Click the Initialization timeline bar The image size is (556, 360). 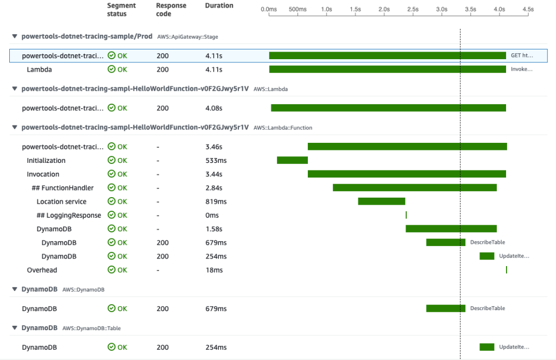click(292, 160)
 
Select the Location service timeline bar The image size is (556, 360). click(381, 201)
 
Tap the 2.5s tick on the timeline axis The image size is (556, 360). click(413, 9)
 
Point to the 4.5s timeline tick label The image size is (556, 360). click(528, 9)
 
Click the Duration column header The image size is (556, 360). click(219, 5)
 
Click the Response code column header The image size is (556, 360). click(171, 9)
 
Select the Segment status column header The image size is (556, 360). click(122, 9)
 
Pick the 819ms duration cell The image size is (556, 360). click(216, 201)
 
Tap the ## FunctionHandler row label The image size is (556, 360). click(62, 188)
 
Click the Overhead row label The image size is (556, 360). click(42, 270)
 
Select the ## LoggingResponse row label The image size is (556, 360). click(69, 215)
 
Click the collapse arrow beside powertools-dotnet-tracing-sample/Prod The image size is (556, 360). click(15, 37)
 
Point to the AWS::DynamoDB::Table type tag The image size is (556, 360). click(91, 328)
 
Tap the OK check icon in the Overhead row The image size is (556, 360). click(111, 270)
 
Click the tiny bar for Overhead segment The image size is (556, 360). click(507, 270)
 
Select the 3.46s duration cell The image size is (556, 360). click(214, 147)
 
